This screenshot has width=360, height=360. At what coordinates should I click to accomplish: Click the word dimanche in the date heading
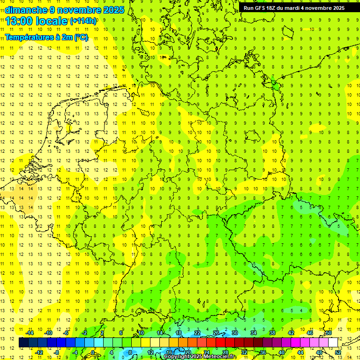[x=25, y=10]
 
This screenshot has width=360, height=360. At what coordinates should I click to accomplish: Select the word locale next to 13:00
[x=53, y=21]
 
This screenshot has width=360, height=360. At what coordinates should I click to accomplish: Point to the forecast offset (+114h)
[x=83, y=21]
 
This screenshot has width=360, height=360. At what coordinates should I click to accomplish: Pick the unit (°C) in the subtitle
[x=81, y=37]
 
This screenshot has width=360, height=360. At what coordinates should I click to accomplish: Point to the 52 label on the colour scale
[x=338, y=352]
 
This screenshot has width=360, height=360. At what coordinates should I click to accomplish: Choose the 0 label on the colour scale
[x=92, y=352]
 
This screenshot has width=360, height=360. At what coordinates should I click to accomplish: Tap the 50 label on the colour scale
[x=329, y=333]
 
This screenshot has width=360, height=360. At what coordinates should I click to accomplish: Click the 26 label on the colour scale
[x=216, y=333]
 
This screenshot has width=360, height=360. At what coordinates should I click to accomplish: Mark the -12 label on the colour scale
[x=39, y=352]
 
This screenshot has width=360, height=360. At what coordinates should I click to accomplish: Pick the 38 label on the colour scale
[x=272, y=333]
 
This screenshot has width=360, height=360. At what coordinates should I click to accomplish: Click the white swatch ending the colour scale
[x=333, y=342]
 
